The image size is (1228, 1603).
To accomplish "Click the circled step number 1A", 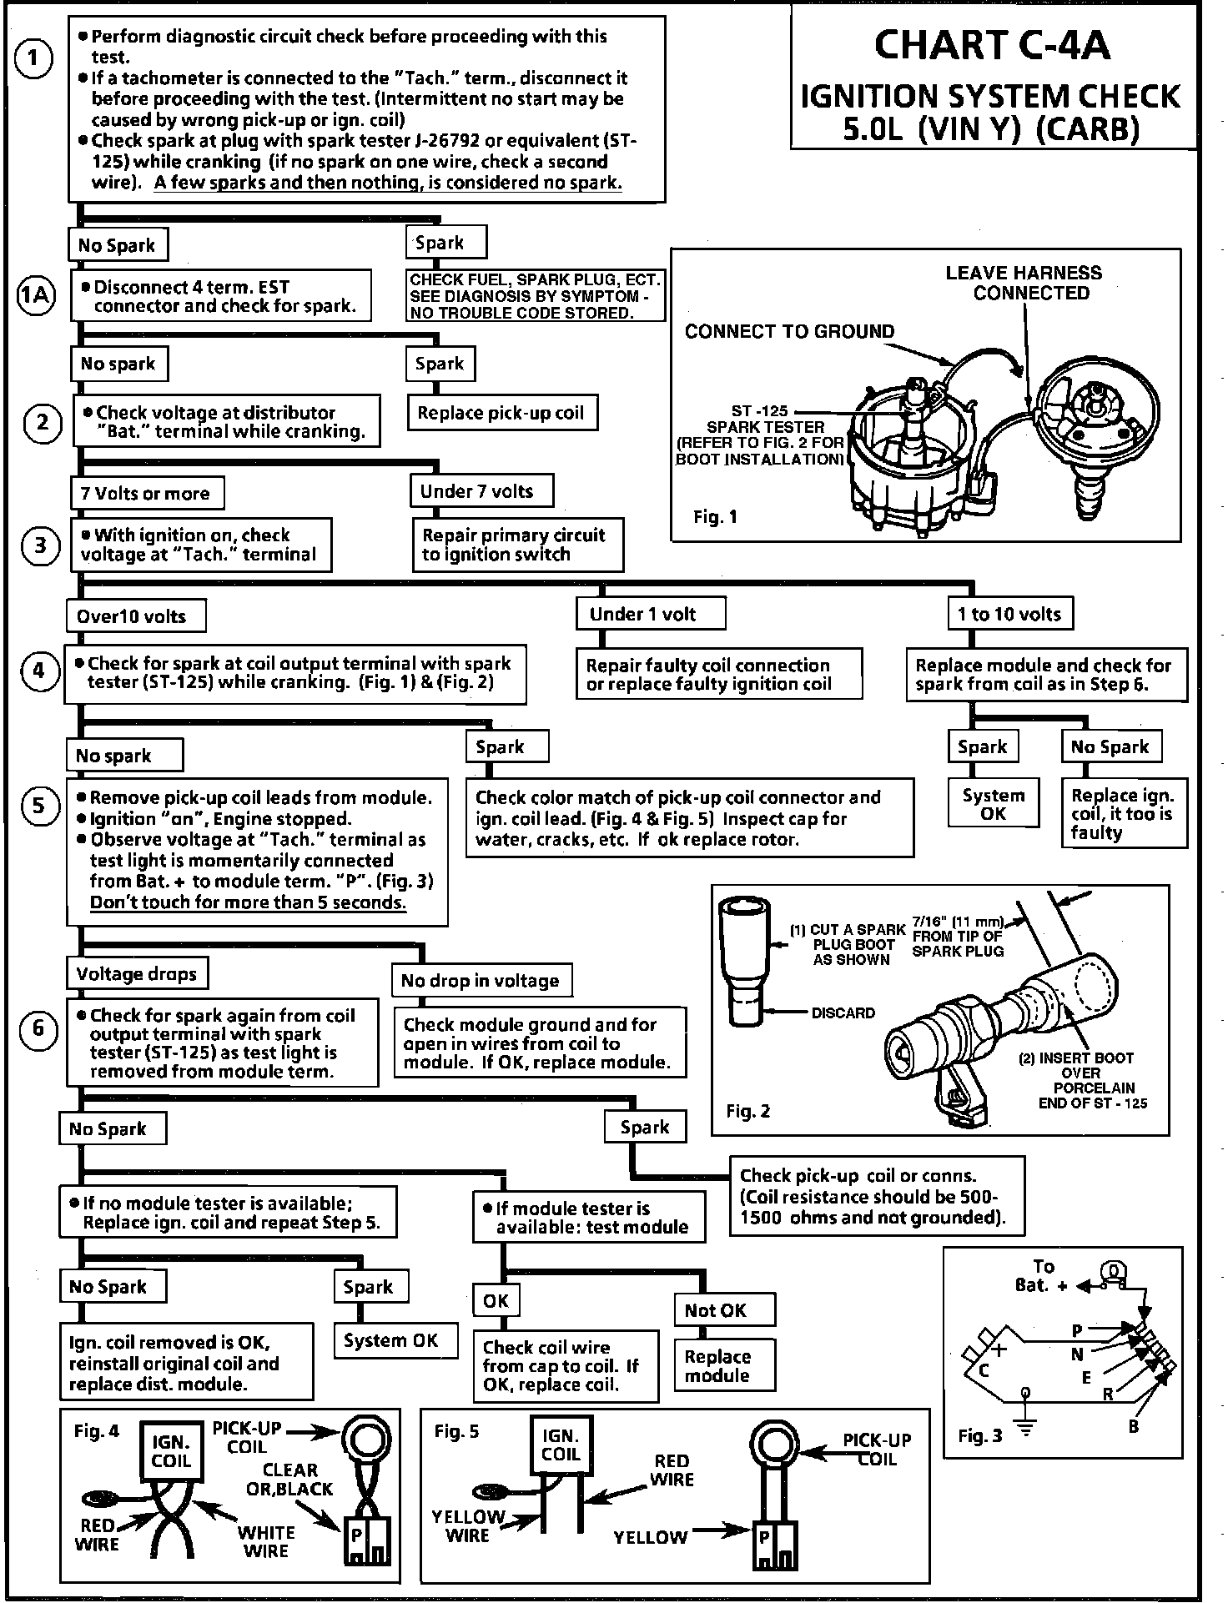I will click(x=37, y=295).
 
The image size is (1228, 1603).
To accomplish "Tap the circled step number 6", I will click(x=38, y=1028).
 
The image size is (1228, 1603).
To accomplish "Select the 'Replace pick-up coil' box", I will click(x=501, y=413).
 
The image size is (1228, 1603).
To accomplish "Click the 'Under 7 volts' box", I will click(x=481, y=491).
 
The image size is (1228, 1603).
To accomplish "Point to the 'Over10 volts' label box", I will click(x=134, y=617).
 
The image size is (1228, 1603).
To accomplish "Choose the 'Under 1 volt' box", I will click(x=649, y=615).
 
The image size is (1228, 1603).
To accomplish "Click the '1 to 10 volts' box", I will click(x=1009, y=615).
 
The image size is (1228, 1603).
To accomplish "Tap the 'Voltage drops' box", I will click(x=137, y=974).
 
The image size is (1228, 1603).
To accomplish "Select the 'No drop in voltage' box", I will click(x=481, y=981).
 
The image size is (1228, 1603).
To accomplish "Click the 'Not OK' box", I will click(x=722, y=1310).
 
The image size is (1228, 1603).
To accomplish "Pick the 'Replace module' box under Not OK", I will click(x=722, y=1365).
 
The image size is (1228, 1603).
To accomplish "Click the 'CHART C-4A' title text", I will click(x=992, y=46).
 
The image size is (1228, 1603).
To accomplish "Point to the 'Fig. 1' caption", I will click(x=715, y=517).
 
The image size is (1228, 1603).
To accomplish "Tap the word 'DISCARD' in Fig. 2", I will click(x=843, y=1013).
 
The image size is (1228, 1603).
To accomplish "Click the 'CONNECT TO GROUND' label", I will click(x=788, y=332).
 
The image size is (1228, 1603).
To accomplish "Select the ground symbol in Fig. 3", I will click(x=1025, y=1431).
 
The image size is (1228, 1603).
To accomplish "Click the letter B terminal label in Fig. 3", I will click(x=1134, y=1427).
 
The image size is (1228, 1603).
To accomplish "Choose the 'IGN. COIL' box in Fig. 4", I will click(x=171, y=1451).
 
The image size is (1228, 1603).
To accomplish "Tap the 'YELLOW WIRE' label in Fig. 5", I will click(x=468, y=1526).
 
